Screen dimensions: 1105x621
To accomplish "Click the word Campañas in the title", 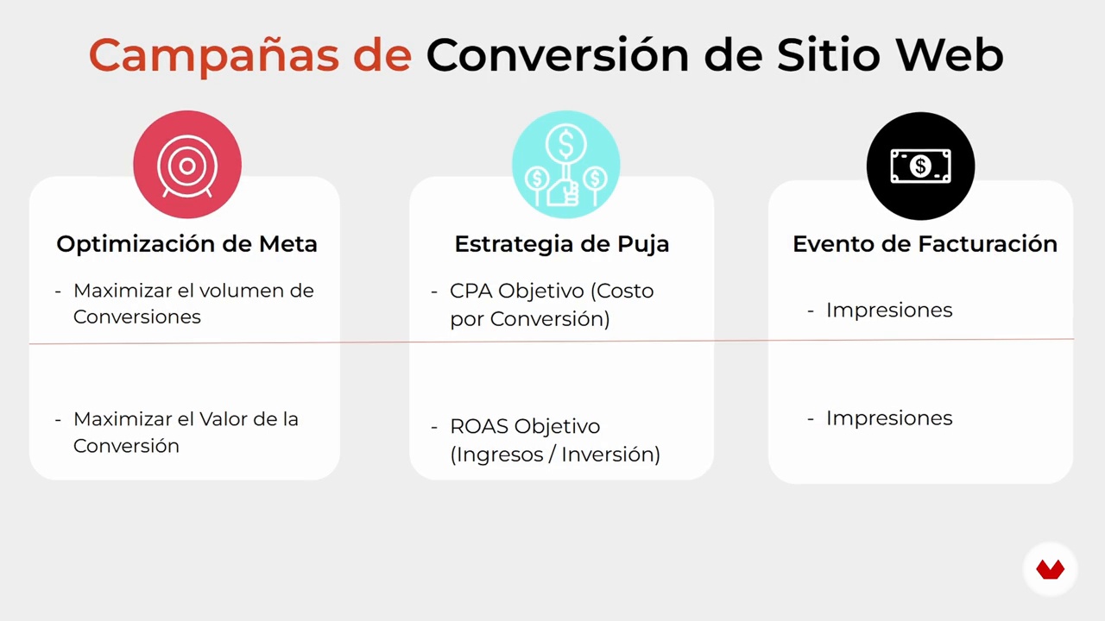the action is point(214,55).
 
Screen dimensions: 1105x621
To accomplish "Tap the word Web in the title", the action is point(950,54).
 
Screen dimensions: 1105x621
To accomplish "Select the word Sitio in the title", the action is point(829,54).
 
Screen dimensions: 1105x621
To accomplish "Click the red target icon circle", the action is point(187,165).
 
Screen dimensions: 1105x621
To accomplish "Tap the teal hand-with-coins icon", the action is point(565,165).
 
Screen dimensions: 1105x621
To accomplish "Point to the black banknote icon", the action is point(920,166).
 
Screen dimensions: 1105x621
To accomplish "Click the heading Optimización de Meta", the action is point(187,244).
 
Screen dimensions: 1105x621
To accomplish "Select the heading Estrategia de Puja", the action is point(562,244).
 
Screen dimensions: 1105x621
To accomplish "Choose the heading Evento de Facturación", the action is point(925,244).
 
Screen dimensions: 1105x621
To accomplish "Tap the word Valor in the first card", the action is point(224,419).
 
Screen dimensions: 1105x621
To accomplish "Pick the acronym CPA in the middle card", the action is point(471,291).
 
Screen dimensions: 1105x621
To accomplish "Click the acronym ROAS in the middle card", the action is point(479,426).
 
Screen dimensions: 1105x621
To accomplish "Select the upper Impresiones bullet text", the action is point(889,310).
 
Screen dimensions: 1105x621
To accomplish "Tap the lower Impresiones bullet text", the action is point(889,418).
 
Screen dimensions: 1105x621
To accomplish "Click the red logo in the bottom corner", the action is point(1051,569).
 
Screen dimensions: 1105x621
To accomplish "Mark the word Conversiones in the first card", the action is point(137,317).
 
